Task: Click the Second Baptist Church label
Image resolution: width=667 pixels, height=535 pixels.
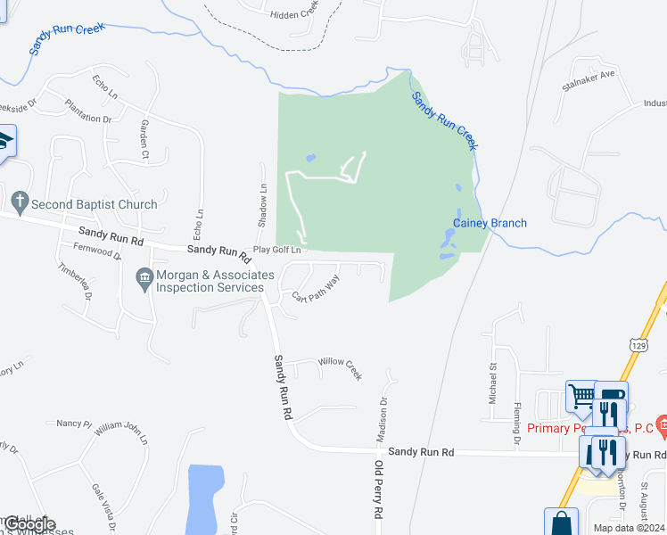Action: pos(94,204)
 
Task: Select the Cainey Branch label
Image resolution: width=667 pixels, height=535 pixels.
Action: pos(490,223)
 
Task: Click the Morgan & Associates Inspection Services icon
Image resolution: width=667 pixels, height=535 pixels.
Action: pos(143,280)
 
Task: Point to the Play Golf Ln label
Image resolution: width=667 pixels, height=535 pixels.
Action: pos(278,251)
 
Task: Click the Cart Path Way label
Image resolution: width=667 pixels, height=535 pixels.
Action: pos(317,289)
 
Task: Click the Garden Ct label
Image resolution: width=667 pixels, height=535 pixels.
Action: pos(144,140)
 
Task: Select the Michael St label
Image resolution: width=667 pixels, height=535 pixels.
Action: pos(491,381)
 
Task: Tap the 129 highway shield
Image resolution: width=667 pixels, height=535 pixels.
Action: pos(638,344)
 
